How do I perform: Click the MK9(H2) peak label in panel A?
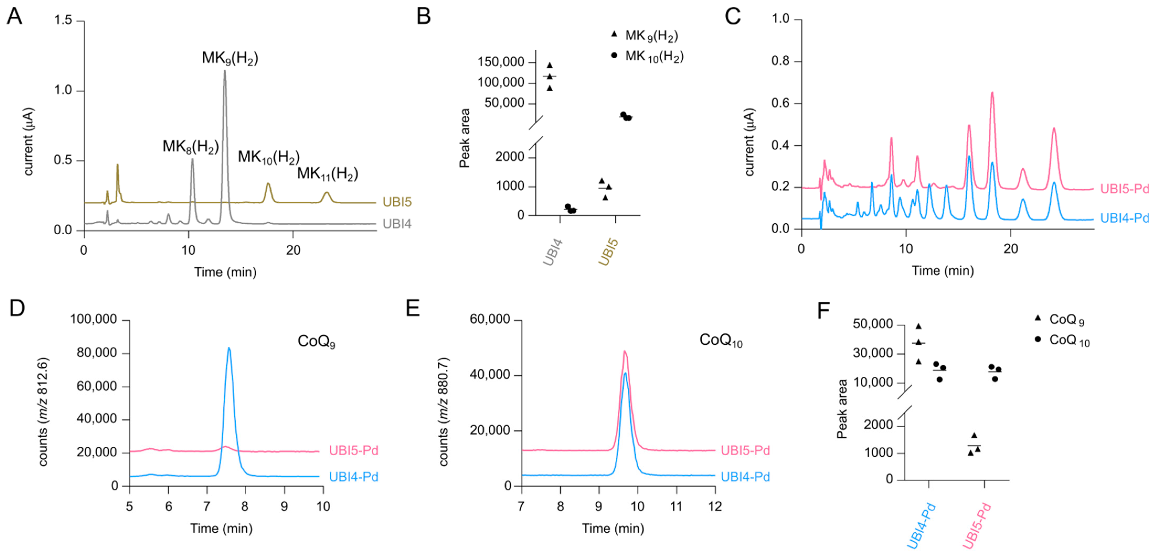pyautogui.click(x=230, y=58)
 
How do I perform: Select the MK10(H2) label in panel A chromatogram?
pyautogui.click(x=268, y=157)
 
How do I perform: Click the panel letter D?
pyautogui.click(x=17, y=308)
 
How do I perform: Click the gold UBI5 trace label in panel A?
pyautogui.click(x=397, y=203)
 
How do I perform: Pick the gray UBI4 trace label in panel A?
pyautogui.click(x=397, y=224)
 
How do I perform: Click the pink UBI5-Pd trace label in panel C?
pyautogui.click(x=1124, y=189)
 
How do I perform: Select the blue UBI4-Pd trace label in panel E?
pyautogui.click(x=745, y=477)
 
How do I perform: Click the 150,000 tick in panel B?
pyautogui.click(x=501, y=62)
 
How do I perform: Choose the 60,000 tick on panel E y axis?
pyautogui.click(x=490, y=319)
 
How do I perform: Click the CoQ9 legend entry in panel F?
pyautogui.click(x=1066, y=320)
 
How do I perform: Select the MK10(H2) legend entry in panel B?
pyautogui.click(x=654, y=56)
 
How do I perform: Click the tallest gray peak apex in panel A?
pyautogui.click(x=225, y=70)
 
